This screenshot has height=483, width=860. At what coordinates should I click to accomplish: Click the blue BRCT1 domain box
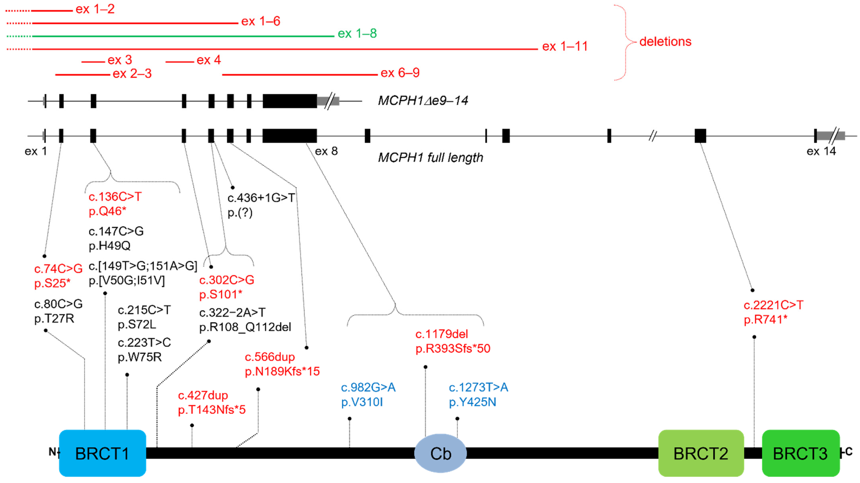click(102, 453)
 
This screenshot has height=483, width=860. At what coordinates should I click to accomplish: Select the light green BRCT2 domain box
click(701, 453)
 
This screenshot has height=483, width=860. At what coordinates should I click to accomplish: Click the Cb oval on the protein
click(440, 453)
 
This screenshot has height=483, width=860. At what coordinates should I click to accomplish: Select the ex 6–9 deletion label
click(400, 73)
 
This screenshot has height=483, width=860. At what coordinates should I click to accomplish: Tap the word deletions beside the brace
click(665, 42)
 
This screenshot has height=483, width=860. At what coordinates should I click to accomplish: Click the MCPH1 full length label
click(430, 157)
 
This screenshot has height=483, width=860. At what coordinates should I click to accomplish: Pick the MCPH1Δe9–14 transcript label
click(423, 100)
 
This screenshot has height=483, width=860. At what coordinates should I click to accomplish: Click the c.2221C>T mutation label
click(773, 305)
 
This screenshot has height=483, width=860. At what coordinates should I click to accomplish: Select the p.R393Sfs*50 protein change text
click(453, 349)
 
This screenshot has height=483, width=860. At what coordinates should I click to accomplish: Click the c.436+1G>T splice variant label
click(261, 198)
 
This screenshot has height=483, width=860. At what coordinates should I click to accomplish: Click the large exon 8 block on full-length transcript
click(290, 136)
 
